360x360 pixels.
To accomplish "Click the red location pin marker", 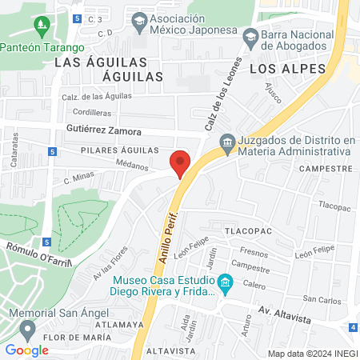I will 181,163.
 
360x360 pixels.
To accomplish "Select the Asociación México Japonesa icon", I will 140,19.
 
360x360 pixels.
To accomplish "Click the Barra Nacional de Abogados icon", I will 250,35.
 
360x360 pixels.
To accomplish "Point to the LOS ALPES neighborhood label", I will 288,69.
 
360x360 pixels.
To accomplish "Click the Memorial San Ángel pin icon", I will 28,328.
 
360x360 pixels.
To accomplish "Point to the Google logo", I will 27,350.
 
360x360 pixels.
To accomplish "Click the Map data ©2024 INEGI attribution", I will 312,353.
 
